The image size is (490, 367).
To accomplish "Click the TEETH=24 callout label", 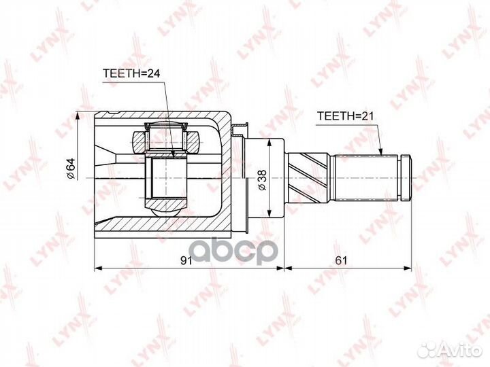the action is coord(131,73).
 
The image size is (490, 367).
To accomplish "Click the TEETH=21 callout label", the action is coord(345,116).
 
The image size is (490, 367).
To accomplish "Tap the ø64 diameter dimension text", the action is coord(71,169).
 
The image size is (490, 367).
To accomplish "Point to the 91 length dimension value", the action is coord(186,260).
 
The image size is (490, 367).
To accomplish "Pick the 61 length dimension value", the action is coord(341,260).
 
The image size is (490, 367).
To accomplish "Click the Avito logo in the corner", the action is coord(451,350).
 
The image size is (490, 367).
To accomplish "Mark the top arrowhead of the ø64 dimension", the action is coord(77,116).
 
